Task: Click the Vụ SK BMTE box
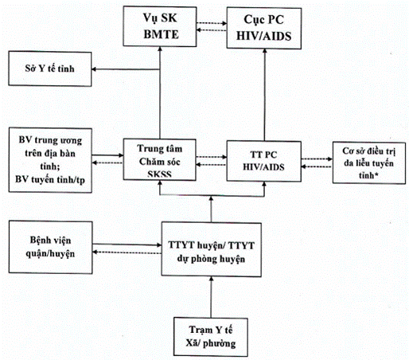point(160,26)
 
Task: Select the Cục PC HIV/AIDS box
point(264,28)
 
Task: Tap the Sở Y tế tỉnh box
point(50,68)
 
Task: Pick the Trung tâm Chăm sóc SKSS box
point(160,160)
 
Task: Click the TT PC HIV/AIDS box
point(264,161)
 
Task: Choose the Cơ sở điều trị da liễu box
point(369,163)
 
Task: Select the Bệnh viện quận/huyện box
point(50,247)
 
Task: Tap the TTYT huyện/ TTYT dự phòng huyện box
point(212,249)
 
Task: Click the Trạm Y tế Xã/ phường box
point(211,337)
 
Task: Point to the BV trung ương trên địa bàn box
point(50,160)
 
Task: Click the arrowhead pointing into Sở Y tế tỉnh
point(94,69)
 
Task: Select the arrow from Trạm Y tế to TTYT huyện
point(212,297)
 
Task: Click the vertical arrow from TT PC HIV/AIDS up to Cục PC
point(264,95)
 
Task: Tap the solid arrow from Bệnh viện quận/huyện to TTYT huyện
point(127,245)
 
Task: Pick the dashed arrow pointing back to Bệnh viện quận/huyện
point(127,252)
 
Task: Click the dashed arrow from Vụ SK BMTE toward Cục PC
point(212,23)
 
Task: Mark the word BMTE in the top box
point(161,34)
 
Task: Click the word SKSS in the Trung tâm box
point(159,174)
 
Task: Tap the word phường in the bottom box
point(219,344)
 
